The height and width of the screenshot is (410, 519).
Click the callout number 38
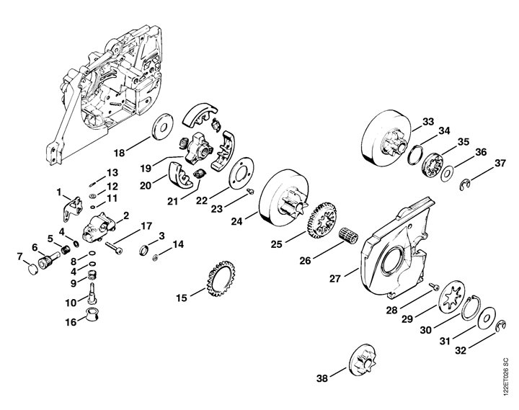[x=322, y=378]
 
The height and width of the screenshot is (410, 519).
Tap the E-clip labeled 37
[x=465, y=184]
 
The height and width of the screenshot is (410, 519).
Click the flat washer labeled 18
[x=162, y=127]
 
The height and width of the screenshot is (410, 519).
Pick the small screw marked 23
[x=252, y=191]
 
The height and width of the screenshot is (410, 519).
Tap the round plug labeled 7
[x=32, y=269]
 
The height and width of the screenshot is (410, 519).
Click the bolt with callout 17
[x=114, y=248]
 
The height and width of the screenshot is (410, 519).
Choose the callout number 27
[x=334, y=279]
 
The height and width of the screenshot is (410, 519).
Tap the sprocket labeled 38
[x=363, y=361]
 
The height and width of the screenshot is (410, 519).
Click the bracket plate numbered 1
[x=73, y=208]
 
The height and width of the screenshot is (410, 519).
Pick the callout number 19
[x=146, y=168]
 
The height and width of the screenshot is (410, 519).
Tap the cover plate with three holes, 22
[x=241, y=173]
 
